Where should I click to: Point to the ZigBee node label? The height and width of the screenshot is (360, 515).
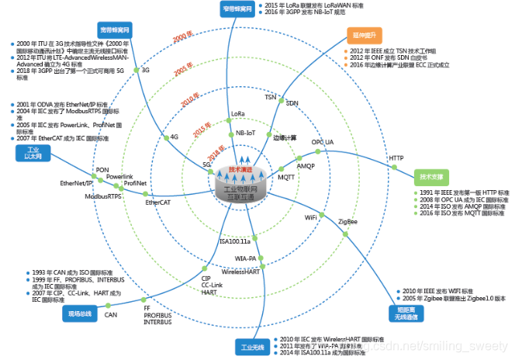(347, 222)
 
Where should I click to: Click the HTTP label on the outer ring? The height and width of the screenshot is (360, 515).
(396, 158)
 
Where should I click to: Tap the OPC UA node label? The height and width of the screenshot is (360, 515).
(323, 143)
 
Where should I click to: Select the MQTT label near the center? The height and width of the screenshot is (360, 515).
(286, 177)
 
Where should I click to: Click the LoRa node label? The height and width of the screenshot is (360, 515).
(238, 115)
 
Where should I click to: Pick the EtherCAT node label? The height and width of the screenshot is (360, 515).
(160, 202)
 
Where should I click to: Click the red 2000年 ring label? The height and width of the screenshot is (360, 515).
(181, 37)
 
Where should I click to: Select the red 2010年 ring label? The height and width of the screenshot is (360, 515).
(191, 102)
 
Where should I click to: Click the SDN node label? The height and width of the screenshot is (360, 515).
(292, 102)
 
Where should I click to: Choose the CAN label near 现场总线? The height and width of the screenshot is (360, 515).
(111, 315)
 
